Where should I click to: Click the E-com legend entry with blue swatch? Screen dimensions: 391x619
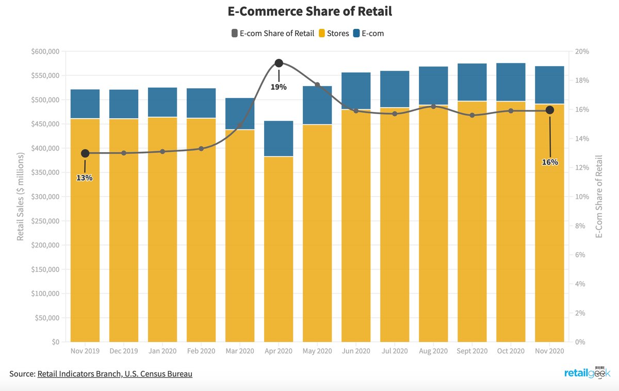pos(368,34)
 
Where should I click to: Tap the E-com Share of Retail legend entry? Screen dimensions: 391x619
pos(273,34)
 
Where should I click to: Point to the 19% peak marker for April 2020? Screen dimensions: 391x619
pos(279,63)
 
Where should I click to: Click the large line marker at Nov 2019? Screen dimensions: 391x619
pos(85,153)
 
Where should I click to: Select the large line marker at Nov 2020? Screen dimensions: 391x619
pos(549,110)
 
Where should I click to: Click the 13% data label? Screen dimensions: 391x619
pos(85,178)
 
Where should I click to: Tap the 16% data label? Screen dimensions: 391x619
pos(550,162)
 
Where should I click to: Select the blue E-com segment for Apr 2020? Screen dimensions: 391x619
pos(279,139)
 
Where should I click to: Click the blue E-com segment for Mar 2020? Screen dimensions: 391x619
pos(240,113)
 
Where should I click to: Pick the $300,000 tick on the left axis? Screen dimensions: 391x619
pos(45,197)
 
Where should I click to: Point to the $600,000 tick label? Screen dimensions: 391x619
pos(45,52)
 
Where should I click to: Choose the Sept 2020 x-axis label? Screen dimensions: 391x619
pos(472,351)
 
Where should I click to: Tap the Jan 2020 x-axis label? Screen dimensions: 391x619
pos(162,351)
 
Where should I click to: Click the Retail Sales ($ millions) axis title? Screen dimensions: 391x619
pos(21,197)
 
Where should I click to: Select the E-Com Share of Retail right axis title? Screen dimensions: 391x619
pos(599,197)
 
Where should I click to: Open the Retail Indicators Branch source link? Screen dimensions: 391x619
pos(115,373)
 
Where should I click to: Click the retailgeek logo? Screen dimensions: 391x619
pos(587,373)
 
